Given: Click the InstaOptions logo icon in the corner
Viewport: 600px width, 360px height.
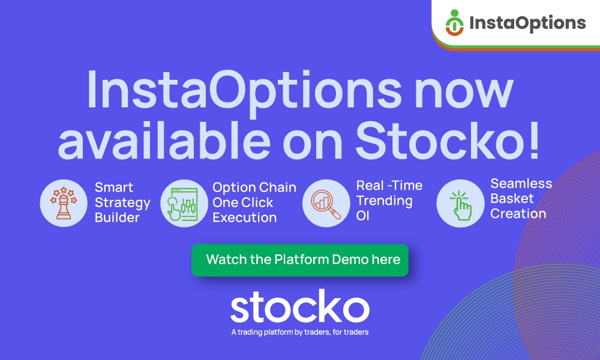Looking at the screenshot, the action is [455, 23].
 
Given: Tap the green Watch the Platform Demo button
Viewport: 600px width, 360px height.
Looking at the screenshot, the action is [300, 260].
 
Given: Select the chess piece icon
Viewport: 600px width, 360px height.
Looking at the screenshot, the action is [64, 203].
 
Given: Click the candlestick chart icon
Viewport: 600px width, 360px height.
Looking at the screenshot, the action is [184, 203].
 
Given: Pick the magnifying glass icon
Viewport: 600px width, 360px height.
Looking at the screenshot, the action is [326, 204].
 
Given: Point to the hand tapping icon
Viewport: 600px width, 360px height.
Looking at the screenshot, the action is [461, 205].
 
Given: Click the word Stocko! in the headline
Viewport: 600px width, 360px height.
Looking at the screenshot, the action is [448, 141].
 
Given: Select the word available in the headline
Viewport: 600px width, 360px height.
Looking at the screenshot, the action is [164, 140].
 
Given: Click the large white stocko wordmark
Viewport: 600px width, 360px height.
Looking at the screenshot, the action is [300, 307].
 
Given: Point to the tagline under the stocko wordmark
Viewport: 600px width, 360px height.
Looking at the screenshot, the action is [300, 332].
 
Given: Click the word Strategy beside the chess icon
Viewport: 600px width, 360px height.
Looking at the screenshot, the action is [122, 203].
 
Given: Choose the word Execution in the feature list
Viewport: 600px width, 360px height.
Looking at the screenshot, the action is [245, 218].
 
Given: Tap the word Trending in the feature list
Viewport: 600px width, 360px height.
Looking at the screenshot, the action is [385, 201].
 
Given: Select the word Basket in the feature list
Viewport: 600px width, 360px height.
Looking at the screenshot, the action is [512, 199].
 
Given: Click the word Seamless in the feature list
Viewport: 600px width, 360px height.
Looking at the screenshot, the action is [521, 184].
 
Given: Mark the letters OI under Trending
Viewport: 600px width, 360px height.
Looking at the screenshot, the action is [363, 216].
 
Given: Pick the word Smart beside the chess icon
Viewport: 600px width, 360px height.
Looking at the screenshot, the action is [114, 187].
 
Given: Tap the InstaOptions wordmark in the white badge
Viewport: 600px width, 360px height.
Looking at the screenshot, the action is [527, 23].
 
